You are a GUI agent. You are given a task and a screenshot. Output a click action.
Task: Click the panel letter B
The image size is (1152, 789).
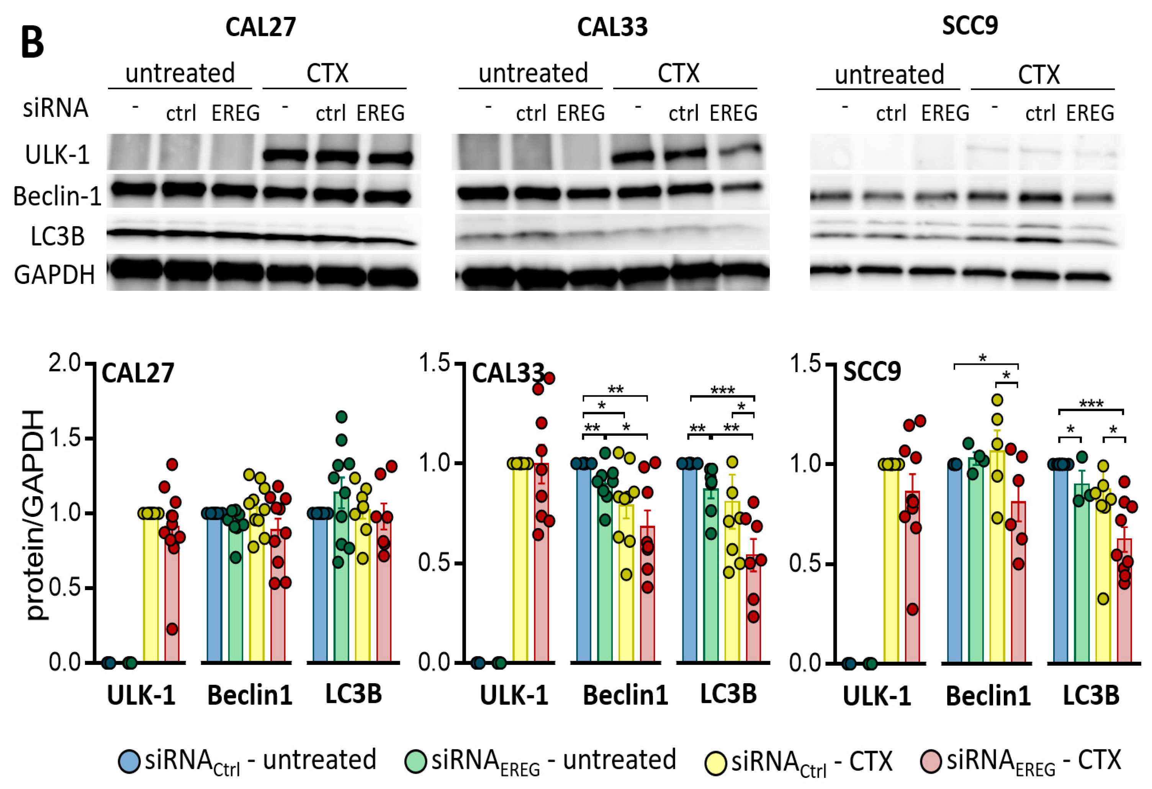coord(33,43)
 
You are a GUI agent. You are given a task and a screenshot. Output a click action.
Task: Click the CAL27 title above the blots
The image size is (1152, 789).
coord(260,27)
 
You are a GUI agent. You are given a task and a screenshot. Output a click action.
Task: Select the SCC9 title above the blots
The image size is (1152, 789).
coord(970,25)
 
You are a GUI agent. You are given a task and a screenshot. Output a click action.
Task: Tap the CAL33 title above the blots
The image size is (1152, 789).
coord(612,27)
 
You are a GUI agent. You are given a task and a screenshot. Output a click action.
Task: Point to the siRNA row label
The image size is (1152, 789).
coord(56,108)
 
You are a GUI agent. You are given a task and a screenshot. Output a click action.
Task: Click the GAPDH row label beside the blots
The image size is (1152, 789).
coord(54,275)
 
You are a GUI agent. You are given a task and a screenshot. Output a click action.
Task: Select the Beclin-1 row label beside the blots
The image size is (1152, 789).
coord(57,196)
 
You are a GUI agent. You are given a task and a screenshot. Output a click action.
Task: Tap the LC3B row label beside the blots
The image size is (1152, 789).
coord(57,236)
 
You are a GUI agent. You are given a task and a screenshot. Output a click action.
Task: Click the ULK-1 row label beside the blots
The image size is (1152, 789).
coord(57,155)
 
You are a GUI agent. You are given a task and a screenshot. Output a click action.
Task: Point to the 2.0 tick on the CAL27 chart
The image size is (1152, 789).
coord(64,364)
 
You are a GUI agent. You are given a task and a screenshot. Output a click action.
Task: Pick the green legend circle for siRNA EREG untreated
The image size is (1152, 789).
coord(416,762)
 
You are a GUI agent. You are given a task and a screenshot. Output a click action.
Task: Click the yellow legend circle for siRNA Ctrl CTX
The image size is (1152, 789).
coord(716,763)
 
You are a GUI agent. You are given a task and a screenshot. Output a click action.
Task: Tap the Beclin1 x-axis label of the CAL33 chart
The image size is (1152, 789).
coord(625,695)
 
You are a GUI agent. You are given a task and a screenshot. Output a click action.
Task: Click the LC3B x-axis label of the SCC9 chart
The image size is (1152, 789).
coord(1091,695)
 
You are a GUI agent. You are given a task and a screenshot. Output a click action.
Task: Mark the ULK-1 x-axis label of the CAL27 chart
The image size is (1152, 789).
coord(141,695)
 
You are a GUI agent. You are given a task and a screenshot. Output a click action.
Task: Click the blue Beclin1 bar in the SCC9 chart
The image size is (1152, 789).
coord(955,563)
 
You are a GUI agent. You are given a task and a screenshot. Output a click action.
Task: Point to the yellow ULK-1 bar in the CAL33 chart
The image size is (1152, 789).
coord(520,563)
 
